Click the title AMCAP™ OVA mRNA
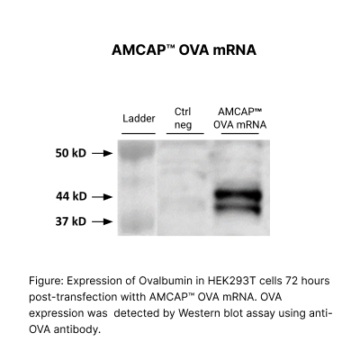coord(180,50)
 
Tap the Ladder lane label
coord(139,119)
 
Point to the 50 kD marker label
coord(67,153)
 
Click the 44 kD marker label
coord(67,195)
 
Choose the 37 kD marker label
coord(67,220)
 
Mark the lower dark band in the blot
coord(238,209)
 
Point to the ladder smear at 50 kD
coord(138,154)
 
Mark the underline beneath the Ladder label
coord(139,133)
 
